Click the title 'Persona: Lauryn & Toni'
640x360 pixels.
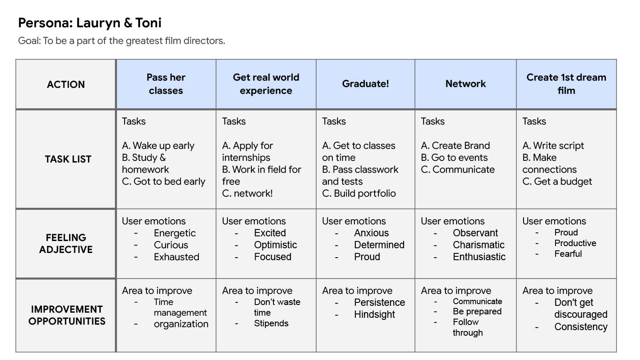tap(90, 23)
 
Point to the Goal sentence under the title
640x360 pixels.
tap(122, 41)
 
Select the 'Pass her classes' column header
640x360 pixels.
tap(166, 84)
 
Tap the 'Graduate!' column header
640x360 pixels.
tap(366, 84)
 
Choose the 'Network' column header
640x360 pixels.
tap(465, 84)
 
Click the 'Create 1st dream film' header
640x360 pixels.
tap(566, 84)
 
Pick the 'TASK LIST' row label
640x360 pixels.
tap(68, 159)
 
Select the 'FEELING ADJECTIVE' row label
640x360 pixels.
tap(66, 244)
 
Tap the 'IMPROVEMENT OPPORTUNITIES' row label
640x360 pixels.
tap(67, 315)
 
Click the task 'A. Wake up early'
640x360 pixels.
tap(158, 146)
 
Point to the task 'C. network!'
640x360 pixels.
tap(247, 194)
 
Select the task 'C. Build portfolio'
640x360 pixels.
tap(359, 194)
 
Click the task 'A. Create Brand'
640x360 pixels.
tap(455, 146)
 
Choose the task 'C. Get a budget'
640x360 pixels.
tap(557, 182)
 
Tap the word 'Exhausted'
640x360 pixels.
tap(177, 257)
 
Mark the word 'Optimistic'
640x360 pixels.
tap(276, 245)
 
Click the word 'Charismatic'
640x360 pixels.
tap(479, 245)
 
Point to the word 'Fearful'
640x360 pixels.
tap(568, 254)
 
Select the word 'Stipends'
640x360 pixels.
tap(271, 323)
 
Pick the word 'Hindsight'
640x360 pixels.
tap(375, 315)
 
